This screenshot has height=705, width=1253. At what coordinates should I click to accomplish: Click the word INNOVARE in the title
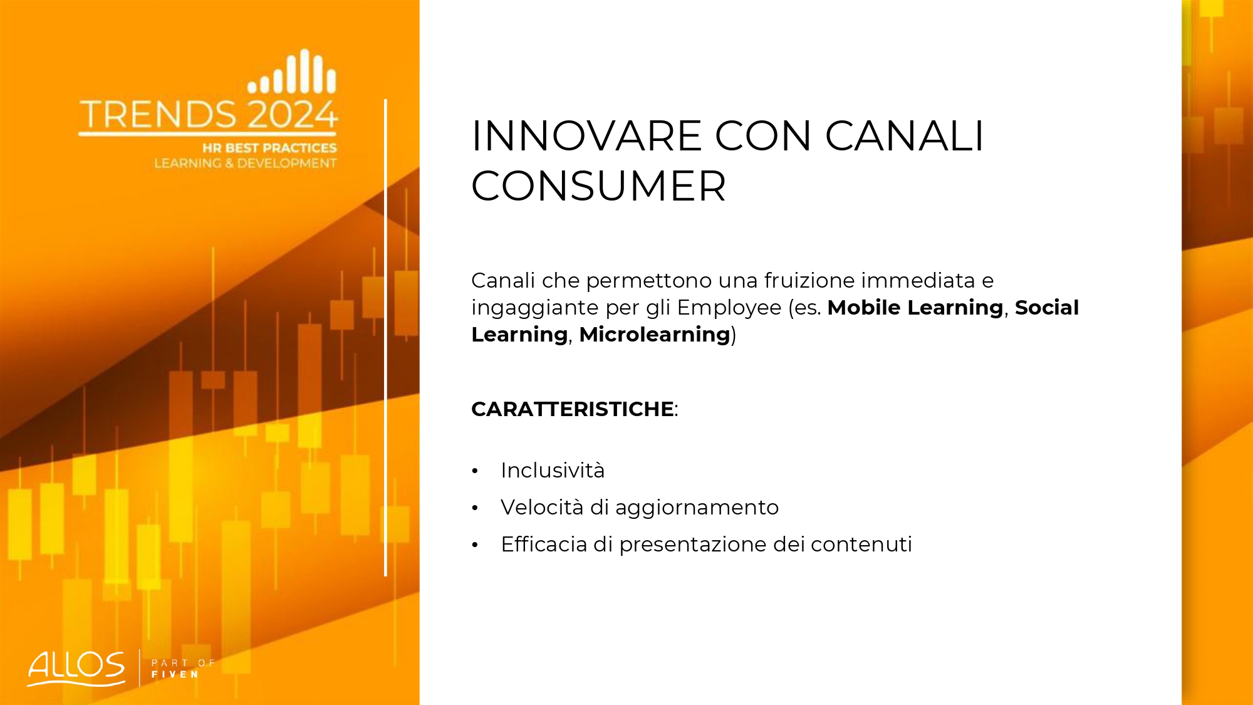[x=586, y=136]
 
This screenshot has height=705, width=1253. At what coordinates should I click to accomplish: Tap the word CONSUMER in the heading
[x=598, y=186]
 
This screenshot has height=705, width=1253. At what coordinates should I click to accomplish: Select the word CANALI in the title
[x=904, y=136]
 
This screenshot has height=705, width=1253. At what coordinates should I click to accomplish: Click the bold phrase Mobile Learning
[x=915, y=308]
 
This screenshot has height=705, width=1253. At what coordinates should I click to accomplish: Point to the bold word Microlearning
[x=655, y=335]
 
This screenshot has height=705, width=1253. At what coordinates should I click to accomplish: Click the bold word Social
[x=1047, y=308]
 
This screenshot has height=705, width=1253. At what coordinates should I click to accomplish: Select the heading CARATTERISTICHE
[x=573, y=409]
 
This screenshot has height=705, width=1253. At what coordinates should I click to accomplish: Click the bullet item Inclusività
[x=553, y=471]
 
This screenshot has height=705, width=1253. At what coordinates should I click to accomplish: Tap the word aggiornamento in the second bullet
[x=697, y=508]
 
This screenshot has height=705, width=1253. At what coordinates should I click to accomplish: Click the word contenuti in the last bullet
[x=861, y=545]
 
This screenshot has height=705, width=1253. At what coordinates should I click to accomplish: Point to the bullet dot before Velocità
[x=475, y=508]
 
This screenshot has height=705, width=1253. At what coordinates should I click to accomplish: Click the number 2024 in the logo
[x=293, y=115]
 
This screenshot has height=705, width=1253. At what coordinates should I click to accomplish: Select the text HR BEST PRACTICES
[x=269, y=148]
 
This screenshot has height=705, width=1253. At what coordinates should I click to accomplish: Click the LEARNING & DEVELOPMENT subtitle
[x=246, y=163]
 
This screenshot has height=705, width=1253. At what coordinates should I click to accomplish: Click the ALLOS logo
[x=76, y=668]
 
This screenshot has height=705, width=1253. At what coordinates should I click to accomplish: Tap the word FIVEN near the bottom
[x=175, y=674]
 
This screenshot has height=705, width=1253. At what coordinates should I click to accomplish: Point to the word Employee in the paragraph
[x=729, y=308]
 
